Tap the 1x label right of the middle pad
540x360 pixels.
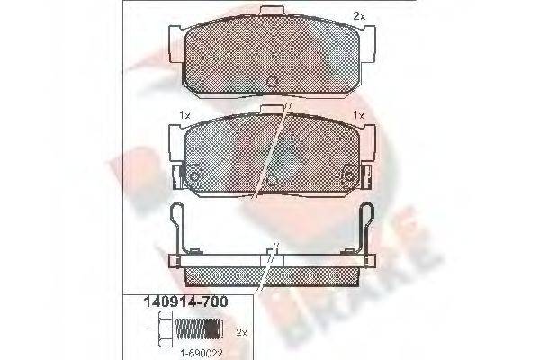click(357, 115)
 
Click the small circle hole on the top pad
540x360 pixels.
click(272, 82)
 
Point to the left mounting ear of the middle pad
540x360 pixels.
click(173, 135)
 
